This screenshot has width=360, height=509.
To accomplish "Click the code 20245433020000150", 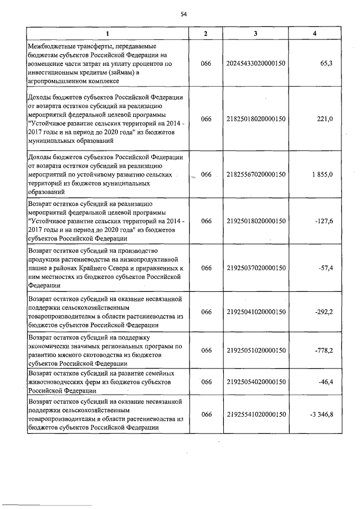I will point(256,64).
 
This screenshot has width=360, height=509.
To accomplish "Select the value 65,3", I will point(326,64).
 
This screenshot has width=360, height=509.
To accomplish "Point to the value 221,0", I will point(325,118).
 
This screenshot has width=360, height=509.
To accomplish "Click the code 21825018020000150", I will point(256,118).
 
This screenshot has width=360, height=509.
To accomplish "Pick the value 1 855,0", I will point(321,174).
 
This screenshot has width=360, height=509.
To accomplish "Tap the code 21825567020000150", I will point(256,174).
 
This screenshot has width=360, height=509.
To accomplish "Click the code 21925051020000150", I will point(256,350).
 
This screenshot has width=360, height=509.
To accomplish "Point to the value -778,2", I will point(324,350).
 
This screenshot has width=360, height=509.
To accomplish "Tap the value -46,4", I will point(325,382).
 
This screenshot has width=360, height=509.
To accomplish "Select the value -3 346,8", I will point(321,415).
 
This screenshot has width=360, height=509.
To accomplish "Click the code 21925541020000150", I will point(256,415).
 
